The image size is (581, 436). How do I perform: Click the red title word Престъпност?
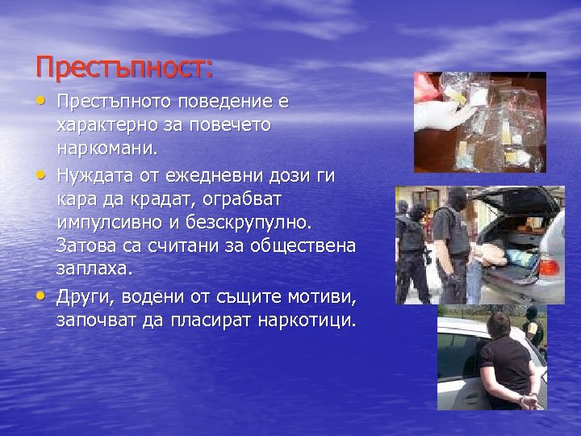123,67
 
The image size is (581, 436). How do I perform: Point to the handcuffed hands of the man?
528,397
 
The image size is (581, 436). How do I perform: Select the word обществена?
306,245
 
